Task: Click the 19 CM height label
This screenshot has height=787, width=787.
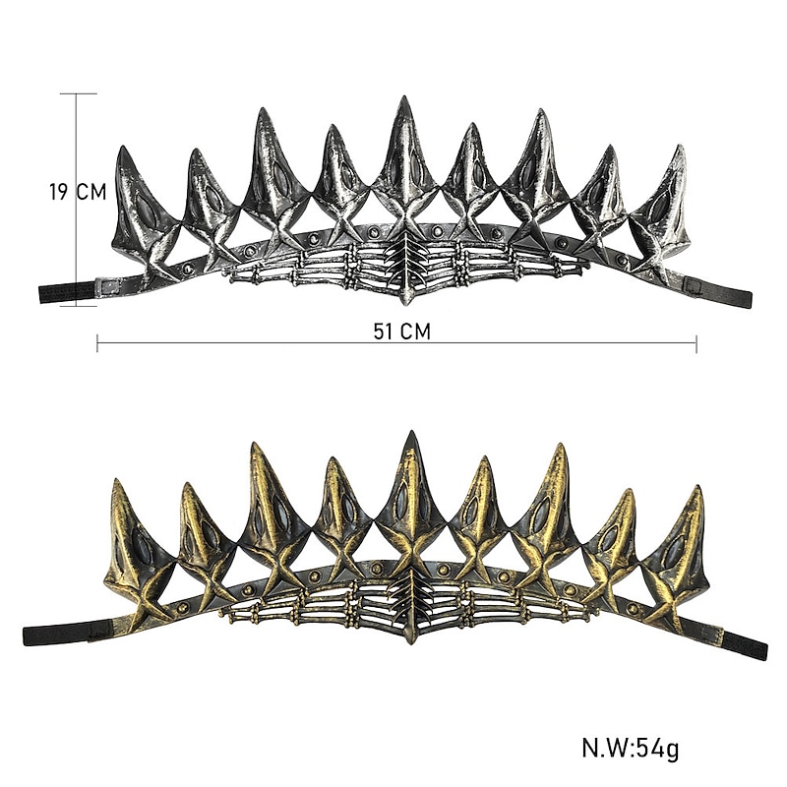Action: [x=78, y=192]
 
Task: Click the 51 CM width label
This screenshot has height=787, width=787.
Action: [x=401, y=332]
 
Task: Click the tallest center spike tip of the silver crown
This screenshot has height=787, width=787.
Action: [x=403, y=96]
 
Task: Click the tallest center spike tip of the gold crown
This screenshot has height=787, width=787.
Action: [x=413, y=432]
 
